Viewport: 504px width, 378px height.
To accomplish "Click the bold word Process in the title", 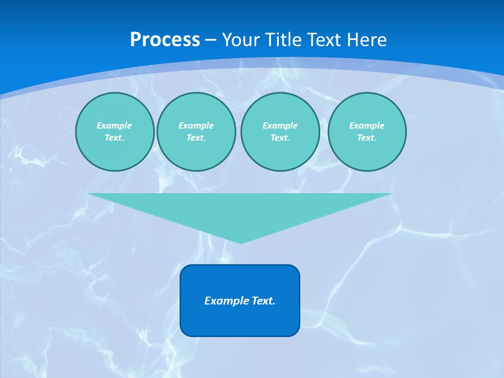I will [x=165, y=40].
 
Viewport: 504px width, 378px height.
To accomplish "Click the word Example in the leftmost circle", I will [x=114, y=125].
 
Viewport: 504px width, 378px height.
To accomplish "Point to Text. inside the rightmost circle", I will [x=366, y=138].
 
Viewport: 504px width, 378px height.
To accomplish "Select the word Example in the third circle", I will [x=280, y=125].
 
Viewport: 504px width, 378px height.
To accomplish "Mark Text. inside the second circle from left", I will [x=196, y=138].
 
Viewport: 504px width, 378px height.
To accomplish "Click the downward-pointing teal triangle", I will [x=240, y=210].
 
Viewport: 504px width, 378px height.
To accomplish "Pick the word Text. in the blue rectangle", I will [x=263, y=301].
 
